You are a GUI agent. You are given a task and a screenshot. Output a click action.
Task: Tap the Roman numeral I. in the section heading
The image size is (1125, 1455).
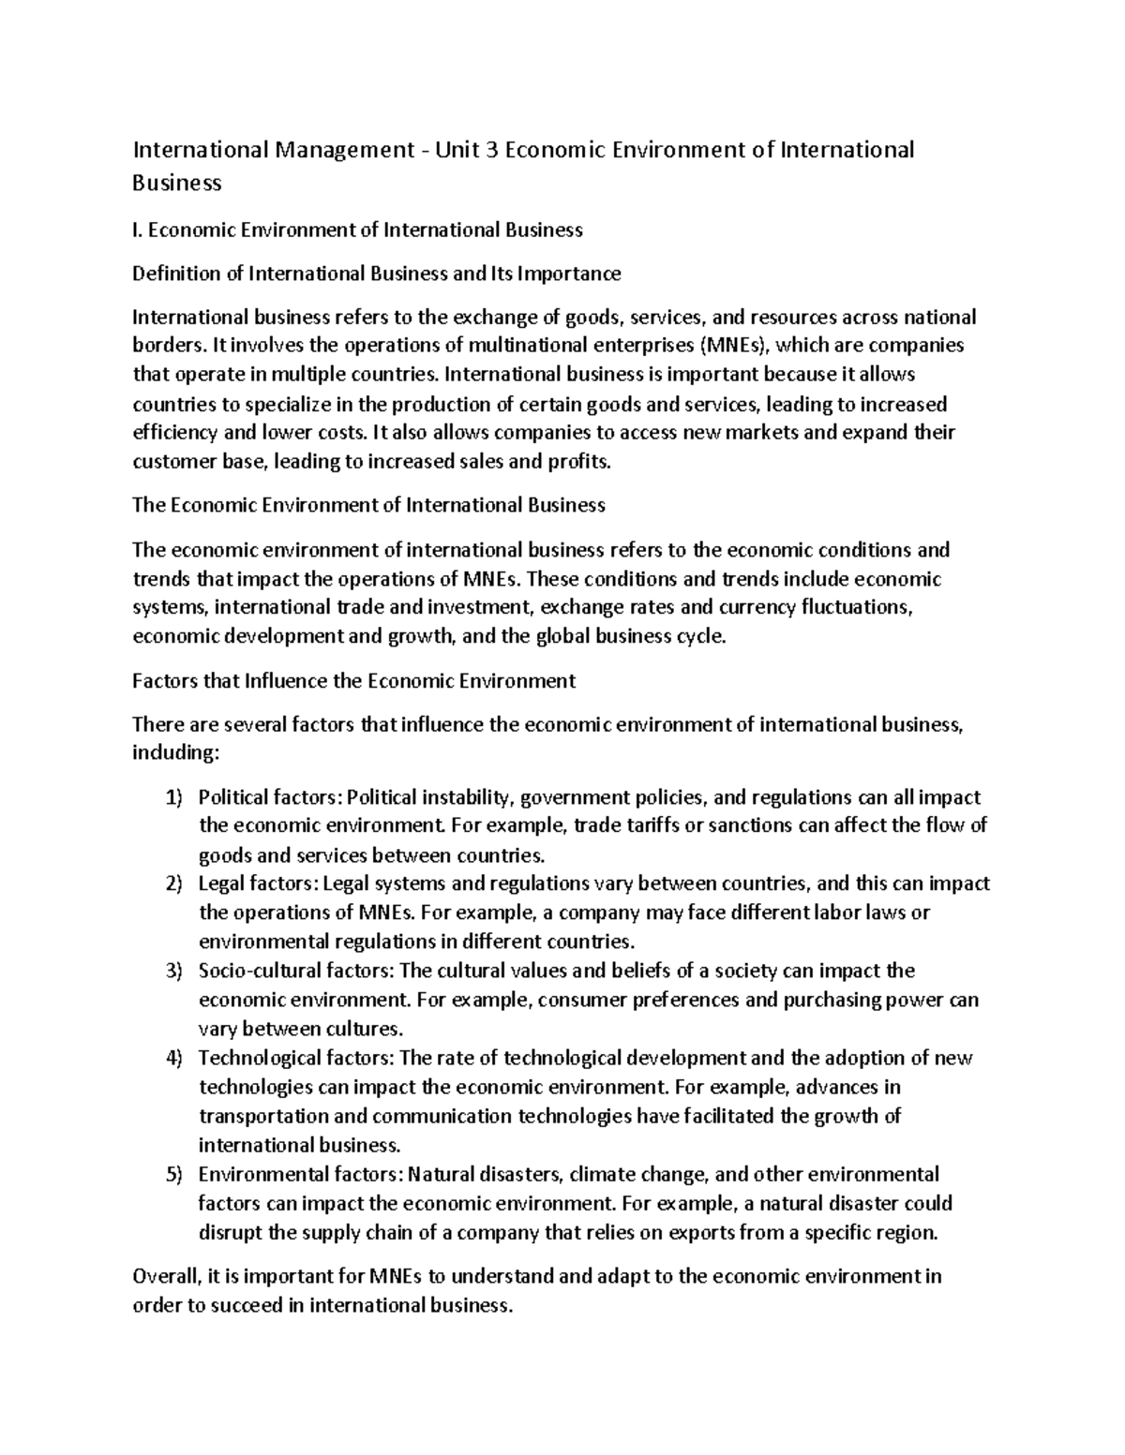pos(137,230)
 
